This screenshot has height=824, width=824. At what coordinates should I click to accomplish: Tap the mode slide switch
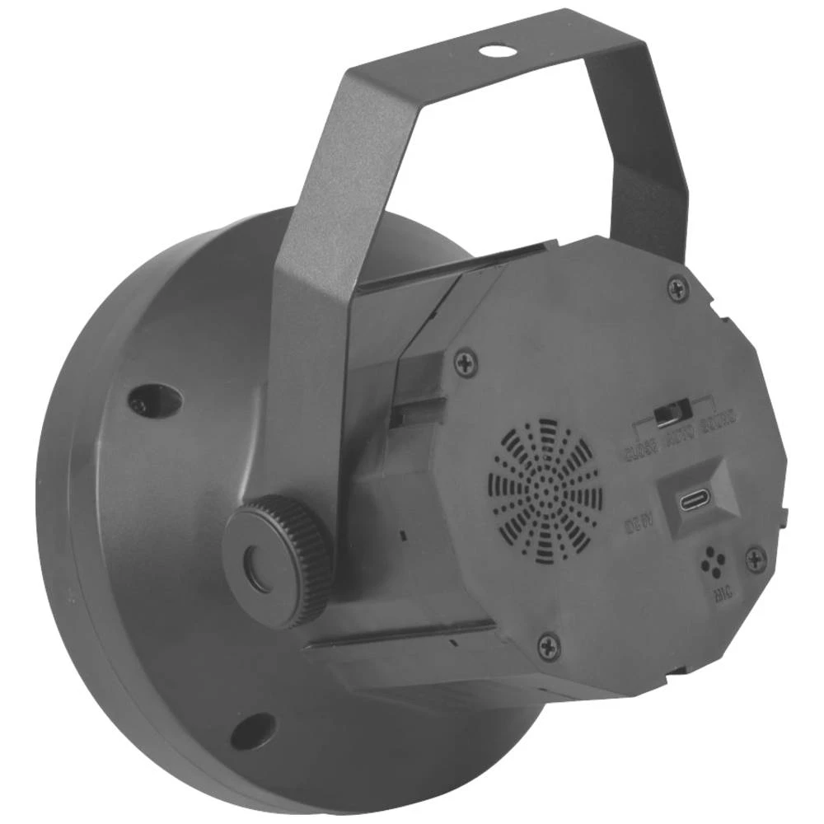(667, 413)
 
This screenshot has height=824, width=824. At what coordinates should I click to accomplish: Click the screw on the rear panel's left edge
(467, 360)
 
